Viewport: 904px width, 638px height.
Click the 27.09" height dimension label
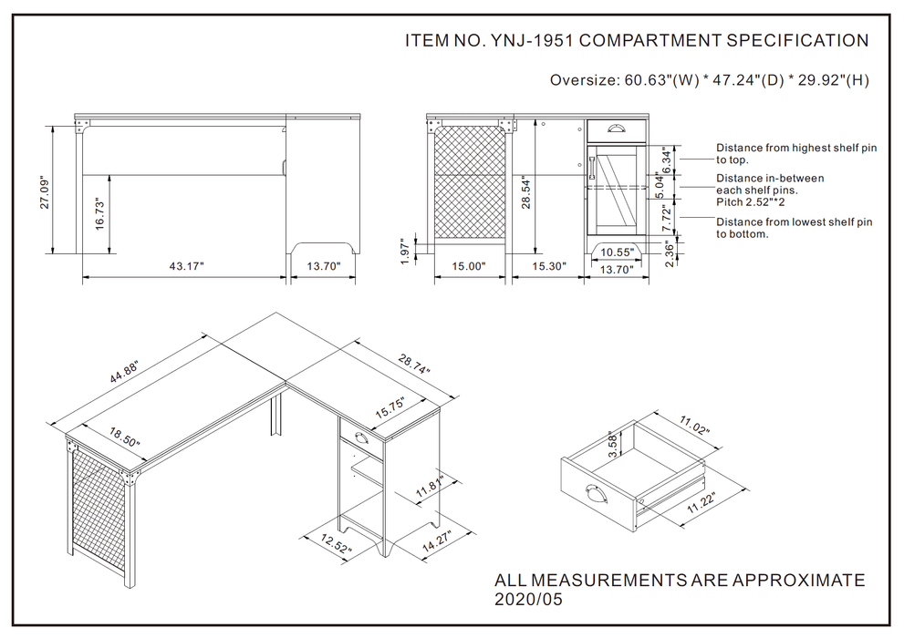pos(45,191)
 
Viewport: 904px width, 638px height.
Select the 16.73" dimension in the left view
pos(99,214)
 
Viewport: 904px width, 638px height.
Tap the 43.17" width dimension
pos(186,266)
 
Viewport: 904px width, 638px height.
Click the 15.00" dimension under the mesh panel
pos(468,266)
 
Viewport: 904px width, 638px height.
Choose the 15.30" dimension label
pos(549,266)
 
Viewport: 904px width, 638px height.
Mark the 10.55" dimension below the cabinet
pos(617,252)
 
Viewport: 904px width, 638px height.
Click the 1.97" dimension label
pos(405,252)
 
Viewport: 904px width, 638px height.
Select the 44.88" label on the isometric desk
pos(125,373)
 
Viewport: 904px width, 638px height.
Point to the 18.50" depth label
pos(125,437)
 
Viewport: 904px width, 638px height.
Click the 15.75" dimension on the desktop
pos(390,408)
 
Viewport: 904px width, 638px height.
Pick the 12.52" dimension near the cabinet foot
pos(336,543)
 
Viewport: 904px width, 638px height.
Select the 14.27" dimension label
pos(436,541)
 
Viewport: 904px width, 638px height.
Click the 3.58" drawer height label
pos(613,444)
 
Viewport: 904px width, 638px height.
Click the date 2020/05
pos(528,600)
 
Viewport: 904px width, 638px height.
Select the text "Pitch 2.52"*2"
pos(750,202)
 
